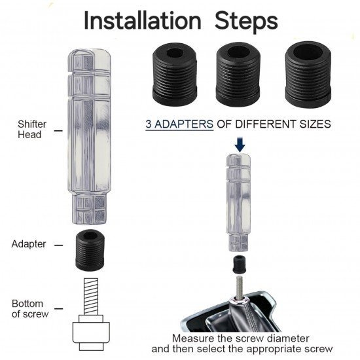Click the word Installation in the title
click(143, 21)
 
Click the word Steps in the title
click(246, 21)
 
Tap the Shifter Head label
click(32, 129)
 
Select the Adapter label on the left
click(28, 244)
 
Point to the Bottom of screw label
click(30, 308)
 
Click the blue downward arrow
click(240, 145)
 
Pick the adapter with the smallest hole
click(175, 74)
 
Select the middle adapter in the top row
click(238, 74)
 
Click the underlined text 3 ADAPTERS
click(179, 124)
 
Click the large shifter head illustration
click(90, 136)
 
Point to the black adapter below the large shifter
click(90, 250)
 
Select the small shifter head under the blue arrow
click(238, 202)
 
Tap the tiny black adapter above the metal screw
click(240, 264)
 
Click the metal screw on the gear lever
click(240, 288)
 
